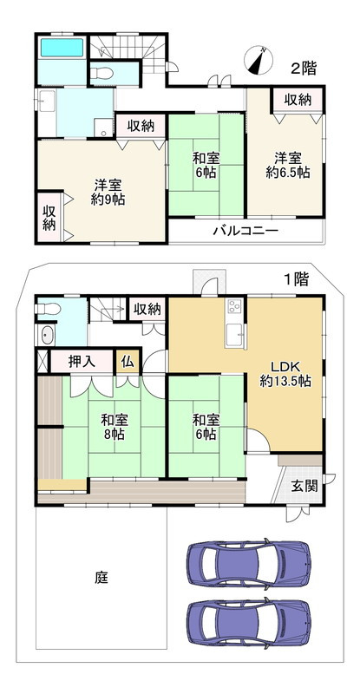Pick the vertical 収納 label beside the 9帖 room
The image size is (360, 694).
pos(49,217)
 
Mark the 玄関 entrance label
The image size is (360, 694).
pos(303,485)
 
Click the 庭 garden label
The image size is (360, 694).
pos(101,577)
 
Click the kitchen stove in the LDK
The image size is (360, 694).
pos(234,306)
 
